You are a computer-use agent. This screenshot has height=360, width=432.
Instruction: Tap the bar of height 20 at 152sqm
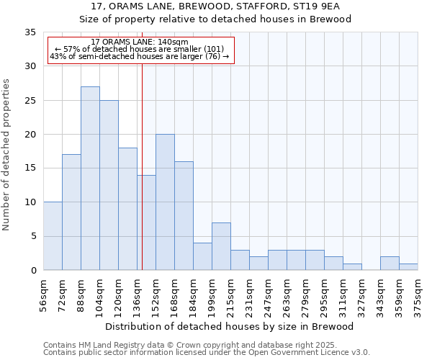(165, 202)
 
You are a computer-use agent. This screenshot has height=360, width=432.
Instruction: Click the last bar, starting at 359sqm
(408, 267)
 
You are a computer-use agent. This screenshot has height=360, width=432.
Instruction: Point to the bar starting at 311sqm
(352, 267)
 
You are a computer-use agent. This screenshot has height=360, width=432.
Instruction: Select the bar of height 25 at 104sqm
(109, 185)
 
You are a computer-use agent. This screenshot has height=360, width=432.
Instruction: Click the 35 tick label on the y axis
(30, 32)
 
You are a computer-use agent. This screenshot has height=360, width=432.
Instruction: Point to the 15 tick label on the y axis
(30, 168)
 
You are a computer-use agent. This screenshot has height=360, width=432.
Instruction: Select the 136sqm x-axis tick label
(137, 296)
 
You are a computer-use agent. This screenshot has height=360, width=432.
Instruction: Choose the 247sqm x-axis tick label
(268, 296)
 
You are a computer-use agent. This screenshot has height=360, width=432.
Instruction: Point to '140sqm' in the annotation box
(172, 42)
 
